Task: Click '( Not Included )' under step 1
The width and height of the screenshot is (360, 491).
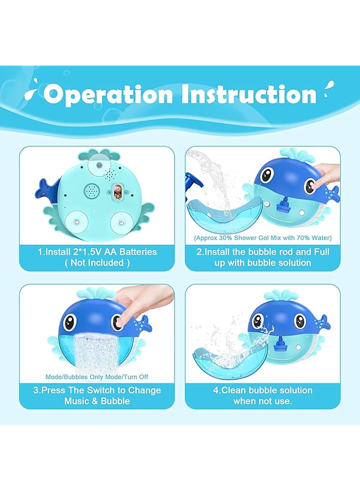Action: coord(97,262)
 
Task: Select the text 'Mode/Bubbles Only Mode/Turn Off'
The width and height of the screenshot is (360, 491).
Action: coord(97,377)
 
